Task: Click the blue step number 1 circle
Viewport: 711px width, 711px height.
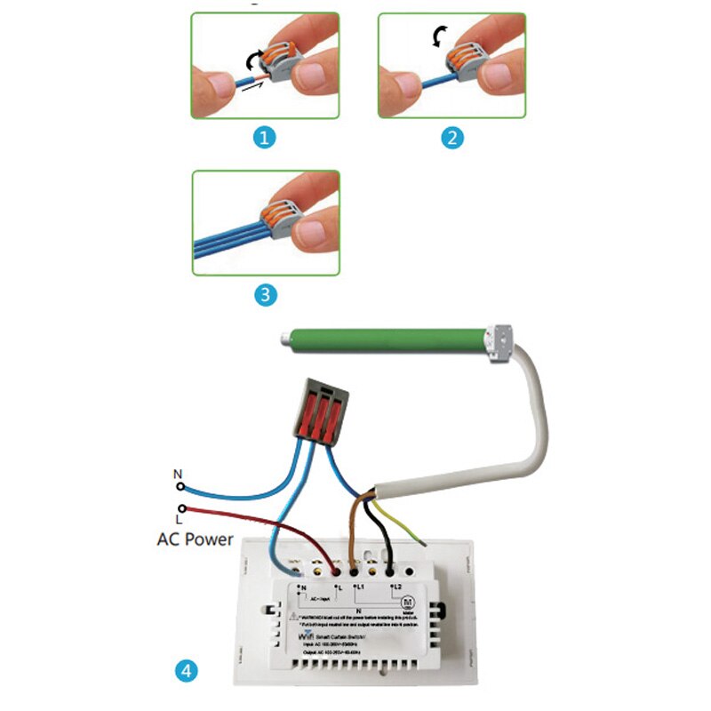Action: pyautogui.click(x=265, y=138)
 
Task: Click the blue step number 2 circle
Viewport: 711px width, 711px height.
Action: pyautogui.click(x=453, y=138)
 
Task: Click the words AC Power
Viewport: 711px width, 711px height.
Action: pyautogui.click(x=195, y=539)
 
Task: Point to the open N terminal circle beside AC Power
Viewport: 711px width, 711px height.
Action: pyautogui.click(x=180, y=487)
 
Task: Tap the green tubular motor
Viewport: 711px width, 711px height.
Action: pyautogui.click(x=391, y=343)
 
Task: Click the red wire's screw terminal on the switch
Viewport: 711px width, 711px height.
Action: pyautogui.click(x=334, y=564)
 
